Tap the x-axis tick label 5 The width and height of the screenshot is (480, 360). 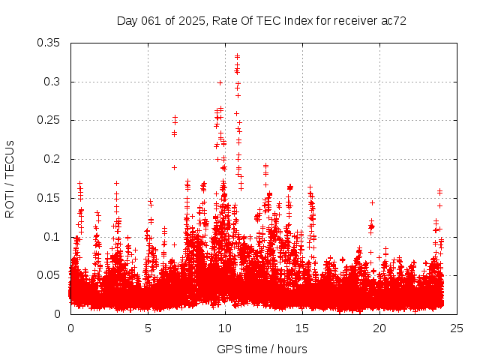tap(148, 328)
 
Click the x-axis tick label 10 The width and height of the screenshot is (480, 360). tap(226, 328)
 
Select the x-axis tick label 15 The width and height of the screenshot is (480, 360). tap(303, 328)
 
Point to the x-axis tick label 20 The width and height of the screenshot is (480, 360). tap(380, 328)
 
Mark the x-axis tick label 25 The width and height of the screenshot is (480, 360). tap(457, 328)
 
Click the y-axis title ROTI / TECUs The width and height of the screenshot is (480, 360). tap(10, 178)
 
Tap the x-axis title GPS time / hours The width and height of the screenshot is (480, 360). tap(262, 349)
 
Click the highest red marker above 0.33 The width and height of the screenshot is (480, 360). tap(237, 56)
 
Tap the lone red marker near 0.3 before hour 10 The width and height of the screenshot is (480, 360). tap(220, 82)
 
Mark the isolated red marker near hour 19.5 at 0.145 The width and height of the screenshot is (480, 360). tap(372, 202)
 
